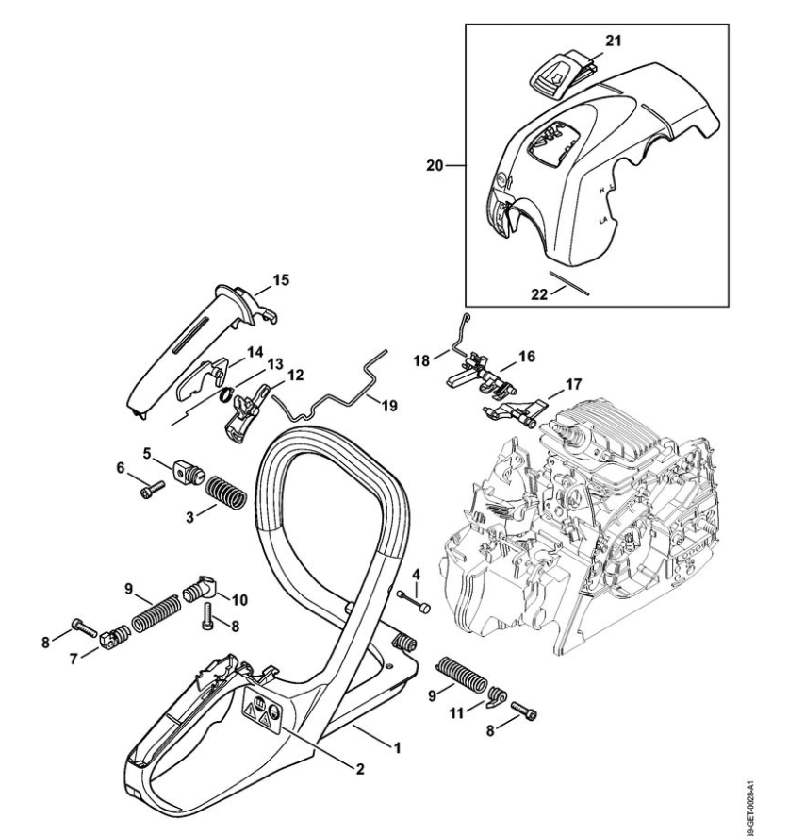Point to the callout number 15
281,279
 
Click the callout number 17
573,384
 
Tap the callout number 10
239,599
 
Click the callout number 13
274,363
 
